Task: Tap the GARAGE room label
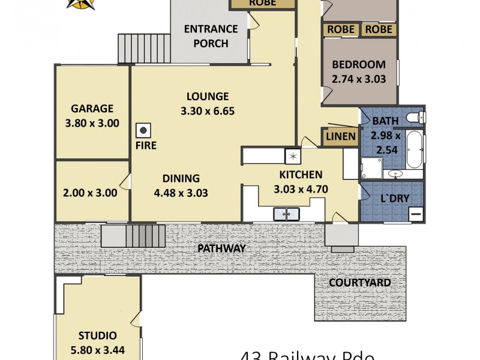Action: [92, 109]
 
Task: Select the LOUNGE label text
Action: [208, 96]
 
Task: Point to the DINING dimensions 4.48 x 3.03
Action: [181, 193]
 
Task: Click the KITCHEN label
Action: [301, 175]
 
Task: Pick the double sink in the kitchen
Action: [286, 213]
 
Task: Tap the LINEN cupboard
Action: [341, 137]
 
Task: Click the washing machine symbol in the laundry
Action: [416, 213]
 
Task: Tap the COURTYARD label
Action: [360, 283]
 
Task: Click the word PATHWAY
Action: [221, 248]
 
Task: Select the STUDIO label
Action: [97, 336]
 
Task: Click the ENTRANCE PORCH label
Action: [211, 36]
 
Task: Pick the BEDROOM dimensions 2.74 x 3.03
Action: [359, 79]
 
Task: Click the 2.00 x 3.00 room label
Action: [90, 193]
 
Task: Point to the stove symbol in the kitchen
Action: [293, 155]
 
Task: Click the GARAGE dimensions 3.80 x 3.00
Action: [92, 124]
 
